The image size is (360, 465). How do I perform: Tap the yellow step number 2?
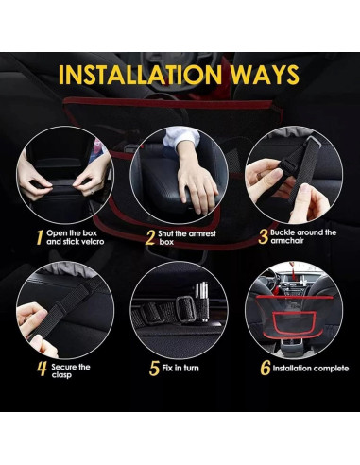149,237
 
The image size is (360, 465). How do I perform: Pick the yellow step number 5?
156,370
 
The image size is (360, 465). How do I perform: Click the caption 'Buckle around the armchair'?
302,237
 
